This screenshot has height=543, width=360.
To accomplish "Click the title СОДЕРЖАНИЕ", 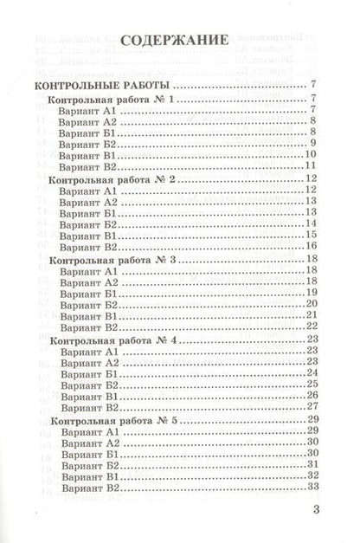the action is click(x=175, y=40).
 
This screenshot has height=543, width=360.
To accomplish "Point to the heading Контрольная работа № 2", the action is click(x=112, y=179).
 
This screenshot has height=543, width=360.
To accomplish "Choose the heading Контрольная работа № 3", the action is click(x=112, y=260).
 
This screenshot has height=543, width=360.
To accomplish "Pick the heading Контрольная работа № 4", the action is click(x=112, y=339).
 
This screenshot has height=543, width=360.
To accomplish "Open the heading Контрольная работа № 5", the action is click(x=112, y=420).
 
